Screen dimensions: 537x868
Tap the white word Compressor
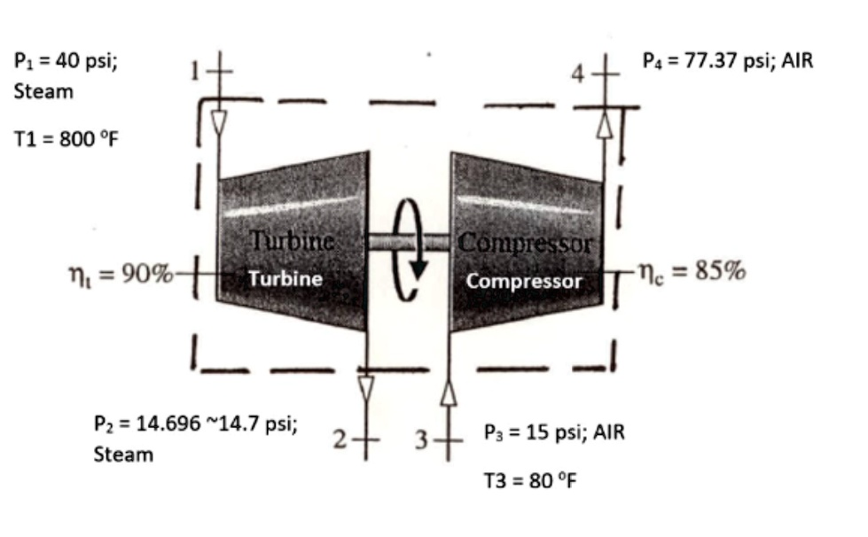pyautogui.click(x=524, y=281)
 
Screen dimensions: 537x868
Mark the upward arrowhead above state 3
pyautogui.click(x=449, y=394)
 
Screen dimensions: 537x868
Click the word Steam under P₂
pyautogui.click(x=123, y=455)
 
